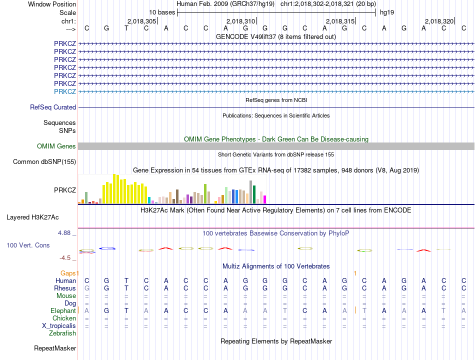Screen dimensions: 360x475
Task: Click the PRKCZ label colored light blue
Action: tap(65, 91)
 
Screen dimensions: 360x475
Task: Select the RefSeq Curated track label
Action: tap(53, 107)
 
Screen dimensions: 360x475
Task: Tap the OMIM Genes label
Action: tap(56, 146)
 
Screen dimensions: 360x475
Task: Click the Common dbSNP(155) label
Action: tap(44, 161)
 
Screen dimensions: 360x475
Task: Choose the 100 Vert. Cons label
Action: tap(28, 245)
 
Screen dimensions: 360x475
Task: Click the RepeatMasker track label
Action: tap(55, 348)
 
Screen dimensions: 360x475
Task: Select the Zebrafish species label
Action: tap(62, 333)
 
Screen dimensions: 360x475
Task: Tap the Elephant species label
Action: tap(63, 310)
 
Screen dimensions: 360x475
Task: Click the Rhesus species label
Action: tap(65, 288)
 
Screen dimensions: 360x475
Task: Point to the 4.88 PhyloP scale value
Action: tap(65, 233)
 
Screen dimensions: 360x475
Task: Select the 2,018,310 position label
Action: tap(240, 21)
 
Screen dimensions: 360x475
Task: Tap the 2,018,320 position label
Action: tap(439, 21)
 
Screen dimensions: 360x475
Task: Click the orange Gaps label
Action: tap(69, 273)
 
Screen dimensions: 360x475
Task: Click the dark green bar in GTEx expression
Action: tap(254, 194)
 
